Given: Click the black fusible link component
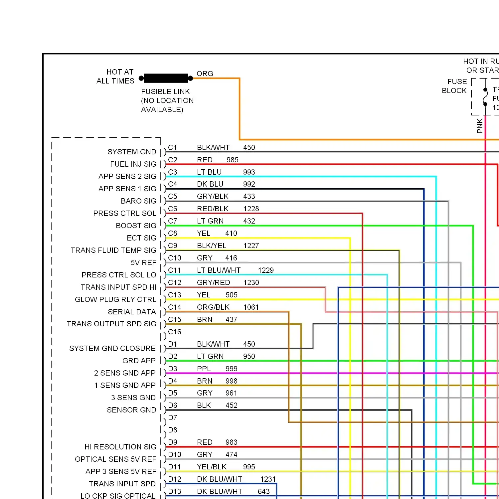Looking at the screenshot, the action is click(x=166, y=78).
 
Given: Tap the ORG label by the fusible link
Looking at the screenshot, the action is click(x=205, y=74).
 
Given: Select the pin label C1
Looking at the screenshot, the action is click(x=173, y=147).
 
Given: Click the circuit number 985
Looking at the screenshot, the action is click(x=233, y=160).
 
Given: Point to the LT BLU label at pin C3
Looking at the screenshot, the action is click(x=209, y=172).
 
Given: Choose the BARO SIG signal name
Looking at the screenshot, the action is click(x=138, y=201).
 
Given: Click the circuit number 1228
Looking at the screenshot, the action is click(x=251, y=209).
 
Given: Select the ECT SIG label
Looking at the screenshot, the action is click(x=141, y=238).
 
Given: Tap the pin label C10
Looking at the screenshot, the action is click(x=175, y=258).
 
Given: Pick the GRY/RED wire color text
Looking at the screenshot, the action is click(x=214, y=282).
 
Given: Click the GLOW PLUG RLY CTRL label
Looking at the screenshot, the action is click(x=115, y=299).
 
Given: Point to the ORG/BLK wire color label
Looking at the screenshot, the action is click(x=213, y=307).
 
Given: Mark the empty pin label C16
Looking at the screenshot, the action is click(x=175, y=332).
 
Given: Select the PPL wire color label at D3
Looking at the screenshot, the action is click(x=204, y=369).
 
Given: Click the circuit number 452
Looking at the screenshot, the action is click(x=232, y=405).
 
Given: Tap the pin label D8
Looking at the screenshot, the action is click(x=173, y=430).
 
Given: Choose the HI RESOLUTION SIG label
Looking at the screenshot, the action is click(x=120, y=447).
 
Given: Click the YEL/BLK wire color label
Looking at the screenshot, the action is click(x=212, y=467).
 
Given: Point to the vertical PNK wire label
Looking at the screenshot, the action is click(x=480, y=126).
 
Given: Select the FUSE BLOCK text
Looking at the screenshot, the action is click(x=454, y=86).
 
